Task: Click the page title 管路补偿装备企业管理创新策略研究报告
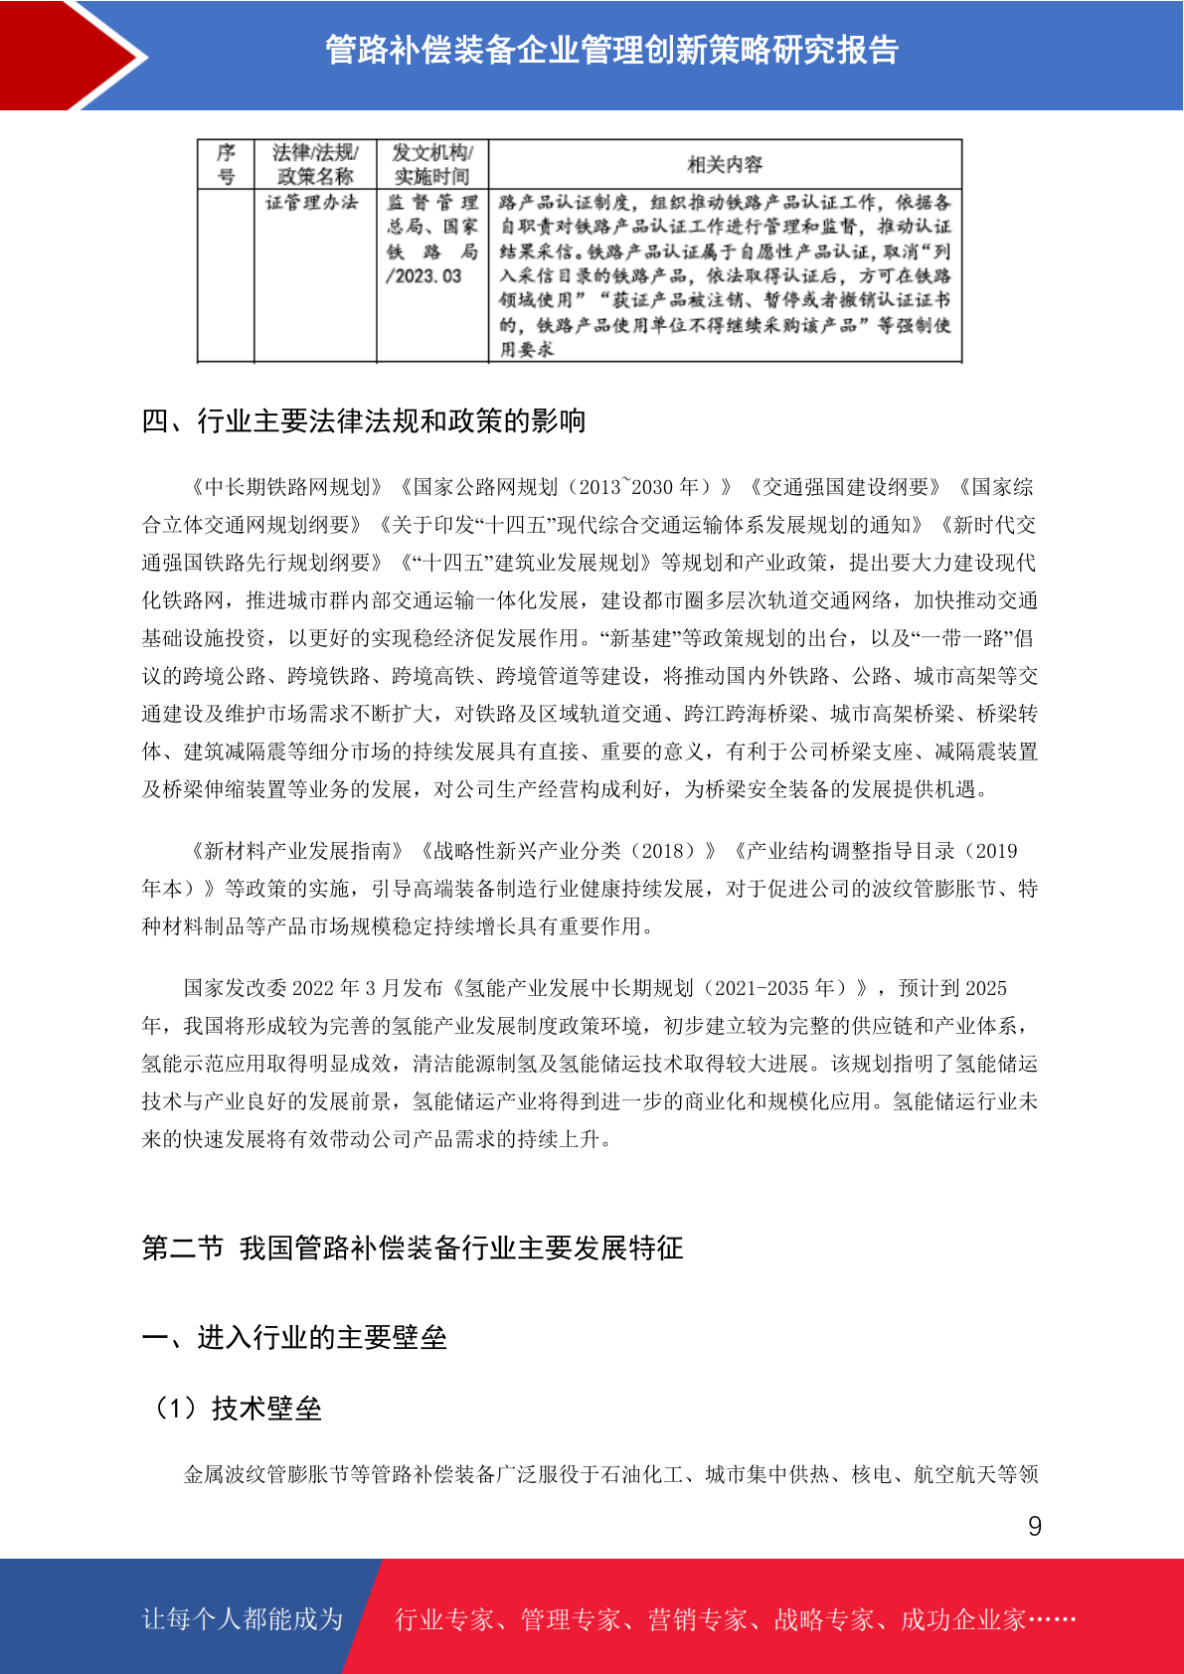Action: coord(611,50)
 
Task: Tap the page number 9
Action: coord(1034,1526)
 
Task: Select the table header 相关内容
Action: coord(725,164)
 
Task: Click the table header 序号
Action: coord(226,164)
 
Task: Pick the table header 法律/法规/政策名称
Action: coord(315,164)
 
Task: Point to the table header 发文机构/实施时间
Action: coord(432,164)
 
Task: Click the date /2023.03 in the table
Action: coord(423,276)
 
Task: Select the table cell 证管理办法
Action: coord(312,203)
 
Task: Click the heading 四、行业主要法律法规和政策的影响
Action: coord(364,421)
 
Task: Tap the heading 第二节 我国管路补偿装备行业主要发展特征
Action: coord(413,1249)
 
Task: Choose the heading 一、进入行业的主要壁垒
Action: coord(294,1338)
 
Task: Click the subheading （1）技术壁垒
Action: coord(236,1409)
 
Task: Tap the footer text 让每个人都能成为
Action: coord(243,1619)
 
